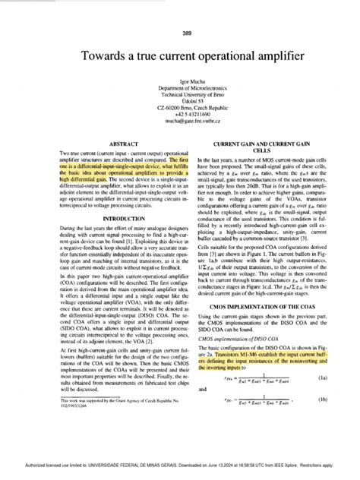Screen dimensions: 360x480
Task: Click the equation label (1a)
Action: pyautogui.click(x=323, y=399)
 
